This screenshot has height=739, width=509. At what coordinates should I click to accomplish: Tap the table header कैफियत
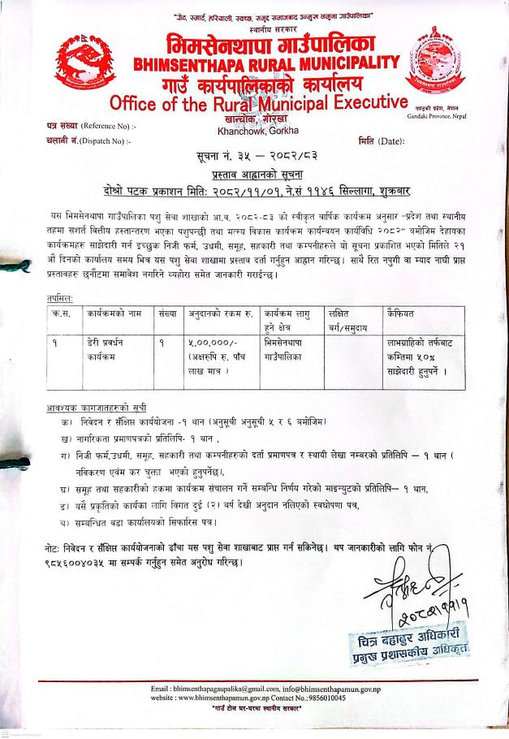coord(390,313)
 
